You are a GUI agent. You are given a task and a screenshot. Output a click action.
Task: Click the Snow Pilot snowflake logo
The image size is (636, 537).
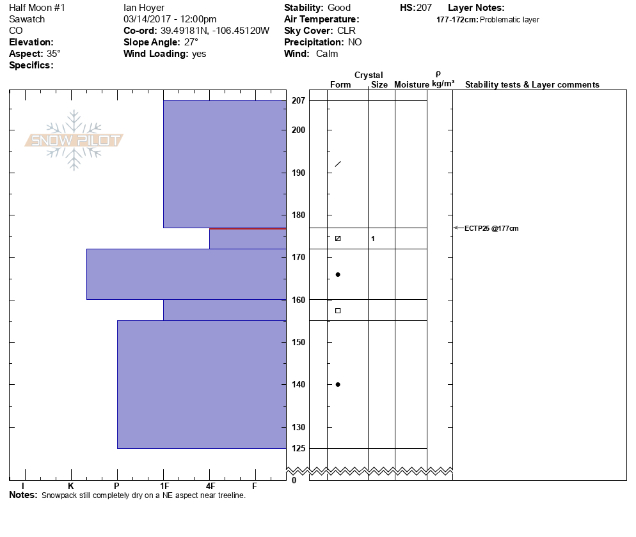click(x=74, y=141)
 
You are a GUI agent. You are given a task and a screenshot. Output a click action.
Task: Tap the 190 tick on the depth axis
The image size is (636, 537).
click(x=298, y=173)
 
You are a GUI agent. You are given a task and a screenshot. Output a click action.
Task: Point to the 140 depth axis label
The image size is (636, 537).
click(x=298, y=384)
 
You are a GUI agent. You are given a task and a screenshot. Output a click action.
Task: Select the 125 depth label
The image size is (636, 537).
click(x=298, y=448)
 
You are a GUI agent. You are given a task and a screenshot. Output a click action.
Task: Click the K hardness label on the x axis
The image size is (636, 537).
click(x=71, y=486)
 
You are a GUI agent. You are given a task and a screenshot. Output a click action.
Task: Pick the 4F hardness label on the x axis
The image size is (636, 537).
click(x=209, y=486)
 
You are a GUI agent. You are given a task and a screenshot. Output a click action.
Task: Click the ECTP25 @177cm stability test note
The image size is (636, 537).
click(x=491, y=228)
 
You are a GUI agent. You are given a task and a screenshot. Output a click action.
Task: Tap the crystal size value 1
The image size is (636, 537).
click(x=373, y=239)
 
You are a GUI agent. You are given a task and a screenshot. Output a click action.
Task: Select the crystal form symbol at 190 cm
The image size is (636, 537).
click(x=338, y=164)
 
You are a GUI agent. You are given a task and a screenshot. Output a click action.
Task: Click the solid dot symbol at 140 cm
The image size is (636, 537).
click(x=338, y=384)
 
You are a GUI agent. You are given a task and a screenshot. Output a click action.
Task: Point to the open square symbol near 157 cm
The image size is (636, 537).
click(x=338, y=311)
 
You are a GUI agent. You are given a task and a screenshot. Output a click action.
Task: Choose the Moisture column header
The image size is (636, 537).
click(x=411, y=85)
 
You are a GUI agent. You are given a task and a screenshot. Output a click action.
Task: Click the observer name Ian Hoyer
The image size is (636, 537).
click(x=144, y=8)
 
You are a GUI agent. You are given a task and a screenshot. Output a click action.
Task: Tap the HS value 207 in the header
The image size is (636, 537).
click(x=424, y=8)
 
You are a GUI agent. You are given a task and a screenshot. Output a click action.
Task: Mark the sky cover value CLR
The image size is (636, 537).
click(x=346, y=31)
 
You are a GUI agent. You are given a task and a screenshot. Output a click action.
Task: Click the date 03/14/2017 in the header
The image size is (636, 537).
click(x=147, y=19)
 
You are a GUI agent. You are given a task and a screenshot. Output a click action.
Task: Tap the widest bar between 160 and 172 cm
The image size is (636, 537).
click(x=186, y=274)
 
